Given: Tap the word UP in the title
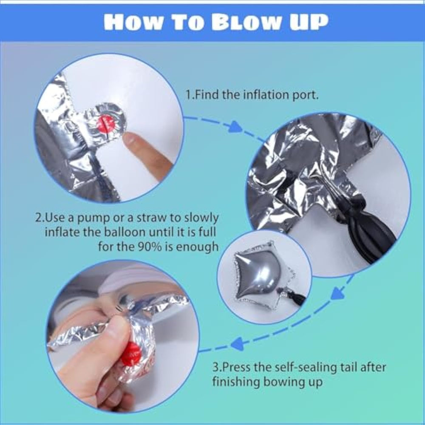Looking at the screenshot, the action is coord(309,23).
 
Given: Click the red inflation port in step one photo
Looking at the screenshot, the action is coord(106,124).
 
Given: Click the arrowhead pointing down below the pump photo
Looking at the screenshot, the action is coord(337,294).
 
